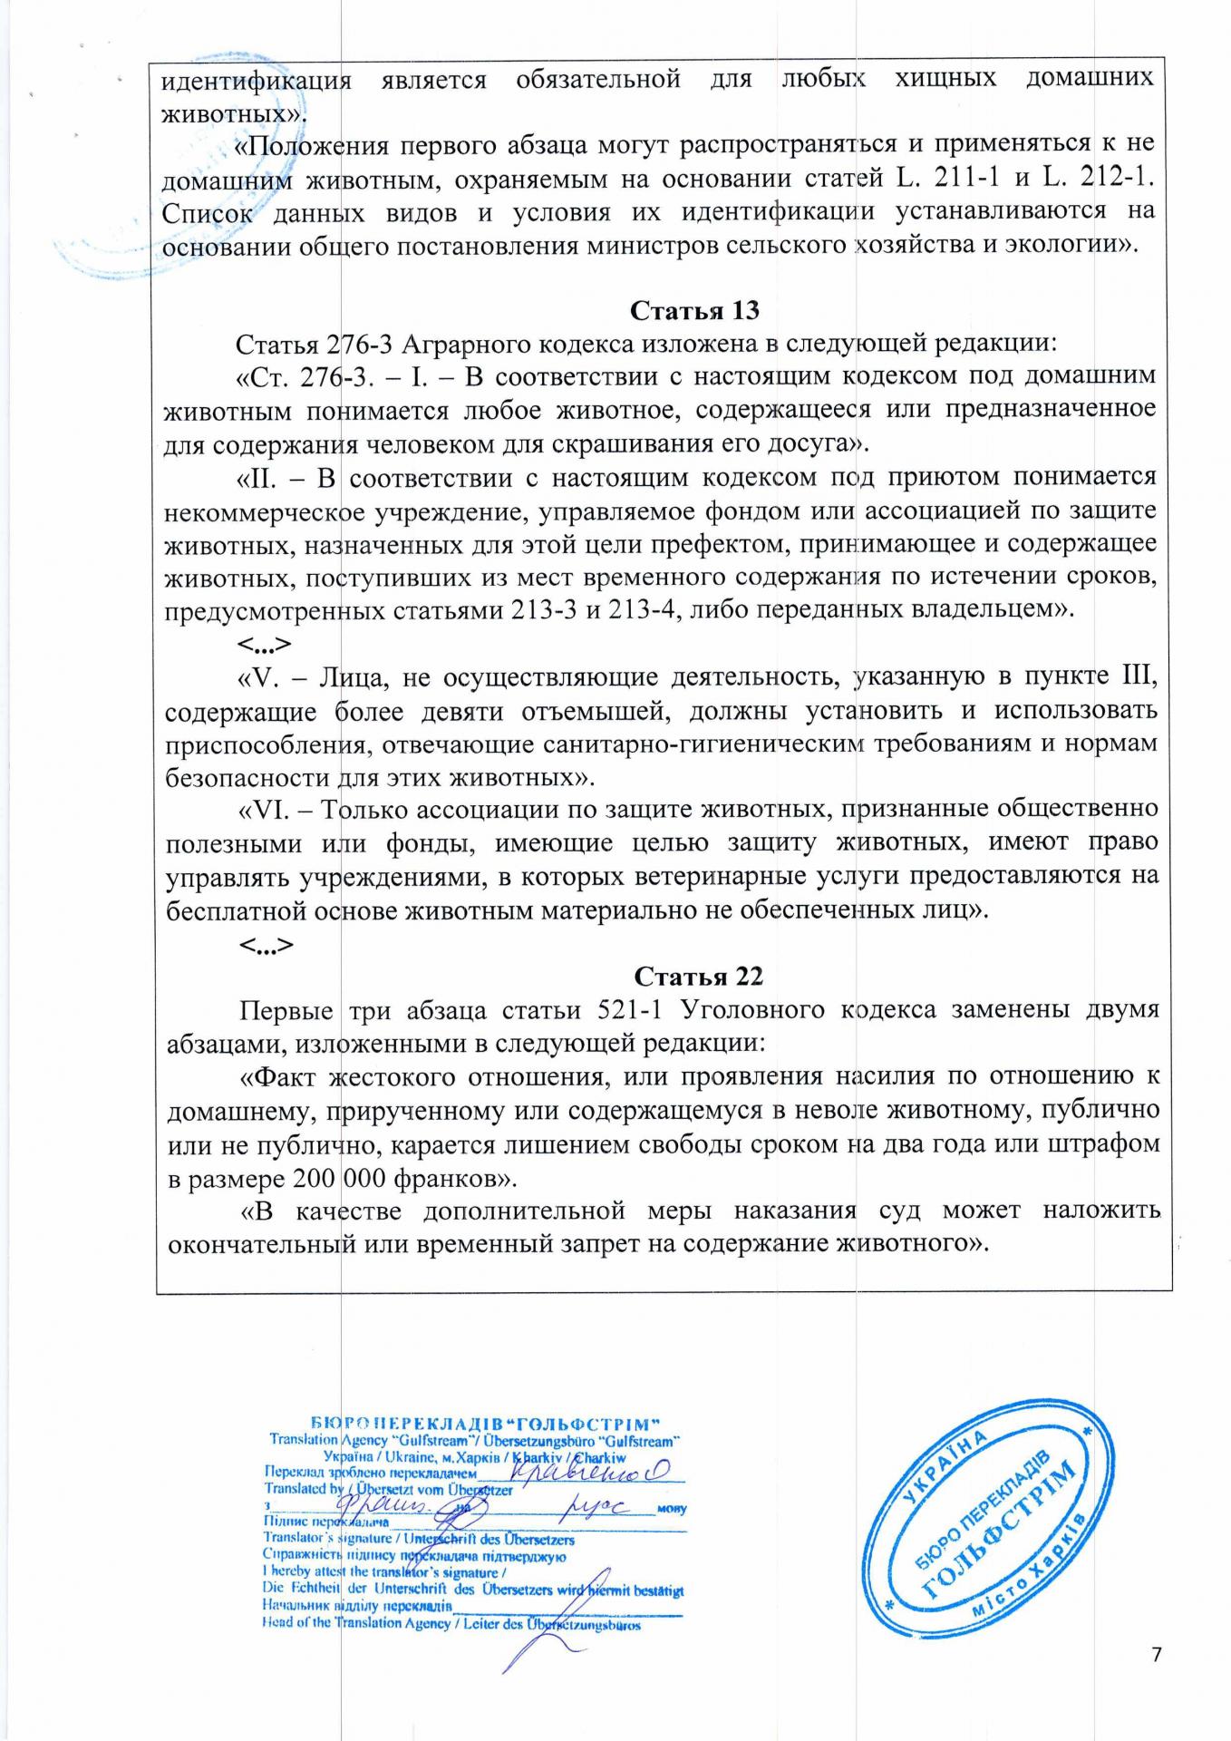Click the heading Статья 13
[693, 310]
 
